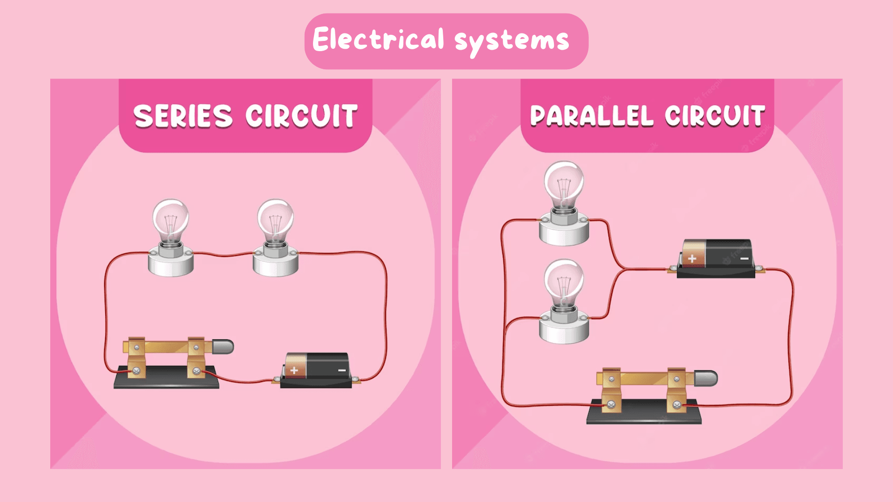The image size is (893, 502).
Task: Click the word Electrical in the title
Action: (x=378, y=39)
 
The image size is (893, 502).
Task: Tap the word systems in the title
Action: (x=512, y=41)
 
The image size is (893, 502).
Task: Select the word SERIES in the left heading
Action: (x=183, y=116)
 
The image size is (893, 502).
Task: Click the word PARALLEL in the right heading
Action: (x=592, y=116)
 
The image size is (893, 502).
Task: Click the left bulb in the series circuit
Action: (x=171, y=218)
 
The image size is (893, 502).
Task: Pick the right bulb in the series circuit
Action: (x=275, y=218)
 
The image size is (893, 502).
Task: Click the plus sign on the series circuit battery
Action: (x=294, y=370)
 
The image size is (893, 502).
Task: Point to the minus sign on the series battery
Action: (x=342, y=370)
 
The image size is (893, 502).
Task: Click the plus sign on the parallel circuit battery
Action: (x=692, y=258)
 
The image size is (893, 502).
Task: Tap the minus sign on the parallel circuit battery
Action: (x=745, y=258)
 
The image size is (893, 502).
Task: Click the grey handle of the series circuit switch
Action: (x=223, y=347)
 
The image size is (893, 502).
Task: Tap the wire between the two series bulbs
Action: (x=223, y=255)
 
